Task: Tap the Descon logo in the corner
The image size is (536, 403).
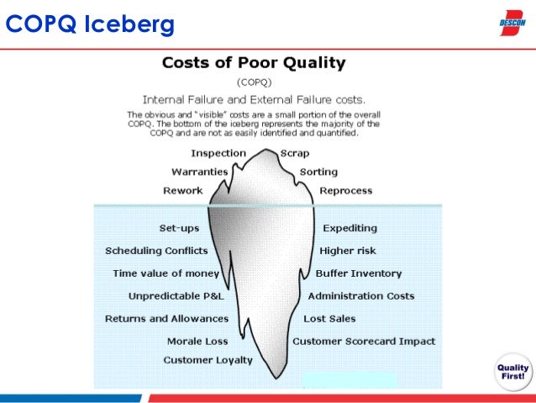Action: click(x=513, y=23)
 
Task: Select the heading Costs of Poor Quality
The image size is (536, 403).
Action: click(x=253, y=63)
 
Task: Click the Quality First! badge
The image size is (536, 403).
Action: click(x=512, y=371)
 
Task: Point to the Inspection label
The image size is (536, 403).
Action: click(x=218, y=153)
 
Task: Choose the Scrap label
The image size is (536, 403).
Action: click(x=295, y=153)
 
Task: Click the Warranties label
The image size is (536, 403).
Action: click(x=201, y=172)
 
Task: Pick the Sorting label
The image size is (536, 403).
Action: click(x=318, y=172)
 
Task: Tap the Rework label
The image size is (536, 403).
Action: click(x=182, y=191)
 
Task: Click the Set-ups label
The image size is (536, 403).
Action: click(x=179, y=228)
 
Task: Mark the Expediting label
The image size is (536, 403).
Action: click(x=349, y=228)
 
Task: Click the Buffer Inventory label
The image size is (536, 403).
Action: click(x=359, y=273)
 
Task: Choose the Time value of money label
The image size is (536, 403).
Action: click(x=166, y=273)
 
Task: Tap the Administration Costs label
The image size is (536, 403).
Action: click(x=360, y=296)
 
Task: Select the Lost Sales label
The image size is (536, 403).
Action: click(x=329, y=319)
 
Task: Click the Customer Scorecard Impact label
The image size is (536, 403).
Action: click(x=364, y=342)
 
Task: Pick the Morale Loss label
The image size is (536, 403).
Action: click(x=197, y=342)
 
